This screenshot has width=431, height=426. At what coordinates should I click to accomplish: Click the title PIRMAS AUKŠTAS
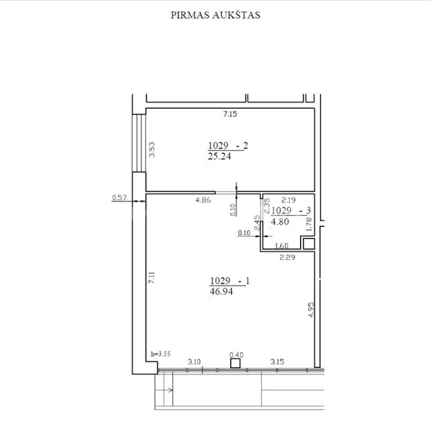pos(215,15)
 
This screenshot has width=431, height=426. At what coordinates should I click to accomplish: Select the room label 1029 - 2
pos(228,146)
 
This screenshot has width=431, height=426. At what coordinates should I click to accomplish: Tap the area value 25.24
pos(219,157)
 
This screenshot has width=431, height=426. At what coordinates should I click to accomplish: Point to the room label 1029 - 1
pos(230,280)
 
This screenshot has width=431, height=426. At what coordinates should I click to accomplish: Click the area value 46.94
pos(221,292)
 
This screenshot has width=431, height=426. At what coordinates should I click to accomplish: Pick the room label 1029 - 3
pos(291,211)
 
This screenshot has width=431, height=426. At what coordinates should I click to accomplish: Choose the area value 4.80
pos(280,221)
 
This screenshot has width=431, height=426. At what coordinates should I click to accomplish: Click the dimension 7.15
pos(230,114)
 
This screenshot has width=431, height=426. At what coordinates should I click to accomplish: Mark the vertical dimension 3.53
pos(152,150)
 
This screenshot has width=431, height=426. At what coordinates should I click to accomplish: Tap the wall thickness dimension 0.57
pos(119,198)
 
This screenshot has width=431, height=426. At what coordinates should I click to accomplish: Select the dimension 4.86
pos(203,200)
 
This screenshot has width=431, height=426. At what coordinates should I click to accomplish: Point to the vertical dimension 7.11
pos(151,278)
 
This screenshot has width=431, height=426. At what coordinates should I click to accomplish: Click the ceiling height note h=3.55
pos(160,354)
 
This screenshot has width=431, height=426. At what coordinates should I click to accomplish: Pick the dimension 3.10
pos(194,362)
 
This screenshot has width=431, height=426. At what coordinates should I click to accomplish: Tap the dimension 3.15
pos(277,362)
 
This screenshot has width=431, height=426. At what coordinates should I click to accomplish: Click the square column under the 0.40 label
pos(235,363)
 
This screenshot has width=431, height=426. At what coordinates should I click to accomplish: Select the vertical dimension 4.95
pos(311,310)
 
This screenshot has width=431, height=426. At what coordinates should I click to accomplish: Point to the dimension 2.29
pos(287,257)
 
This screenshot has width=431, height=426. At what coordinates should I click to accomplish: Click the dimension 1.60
pos(282,245)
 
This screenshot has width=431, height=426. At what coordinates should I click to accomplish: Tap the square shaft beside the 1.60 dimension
pos(309,244)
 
